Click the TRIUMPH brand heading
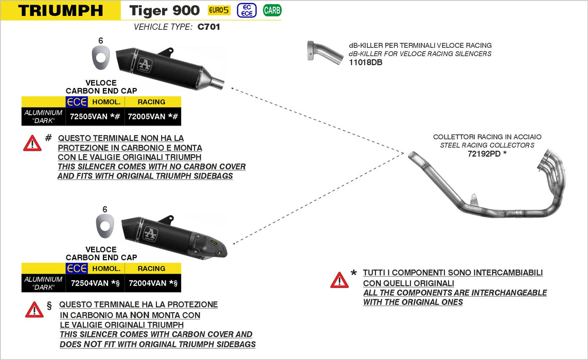pyautogui.click(x=60, y=10)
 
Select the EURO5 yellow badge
pyautogui.click(x=219, y=10)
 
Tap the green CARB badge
pyautogui.click(x=272, y=10)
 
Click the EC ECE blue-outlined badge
pyautogui.click(x=247, y=10)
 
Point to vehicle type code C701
pyautogui.click(x=209, y=27)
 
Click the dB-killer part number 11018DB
pyautogui.click(x=365, y=62)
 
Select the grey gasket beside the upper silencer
pyautogui.click(x=100, y=57)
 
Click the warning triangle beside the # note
pyautogui.click(x=32, y=143)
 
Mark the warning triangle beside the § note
pyautogui.click(x=34, y=309)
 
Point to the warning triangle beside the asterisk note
pyautogui.click(x=340, y=280)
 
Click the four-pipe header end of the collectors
pyautogui.click(x=553, y=165)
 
